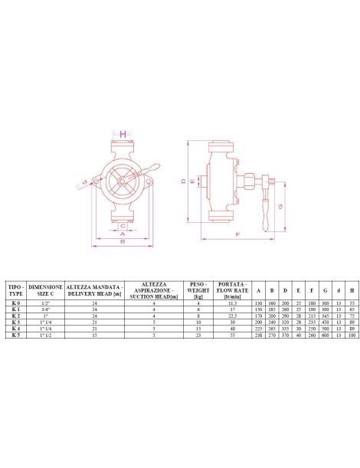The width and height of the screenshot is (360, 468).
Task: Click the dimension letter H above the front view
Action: [123, 135]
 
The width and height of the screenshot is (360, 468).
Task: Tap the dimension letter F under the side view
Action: [237, 233]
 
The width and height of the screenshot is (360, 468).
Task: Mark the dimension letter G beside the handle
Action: [282, 206]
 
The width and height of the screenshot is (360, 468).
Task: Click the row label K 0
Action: [14, 303]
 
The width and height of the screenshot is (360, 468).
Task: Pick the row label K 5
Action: [14, 335]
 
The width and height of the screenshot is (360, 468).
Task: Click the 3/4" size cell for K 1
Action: [45, 309]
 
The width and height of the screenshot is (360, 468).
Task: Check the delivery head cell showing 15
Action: [95, 335]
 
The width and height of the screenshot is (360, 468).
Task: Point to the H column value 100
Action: [352, 335]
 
